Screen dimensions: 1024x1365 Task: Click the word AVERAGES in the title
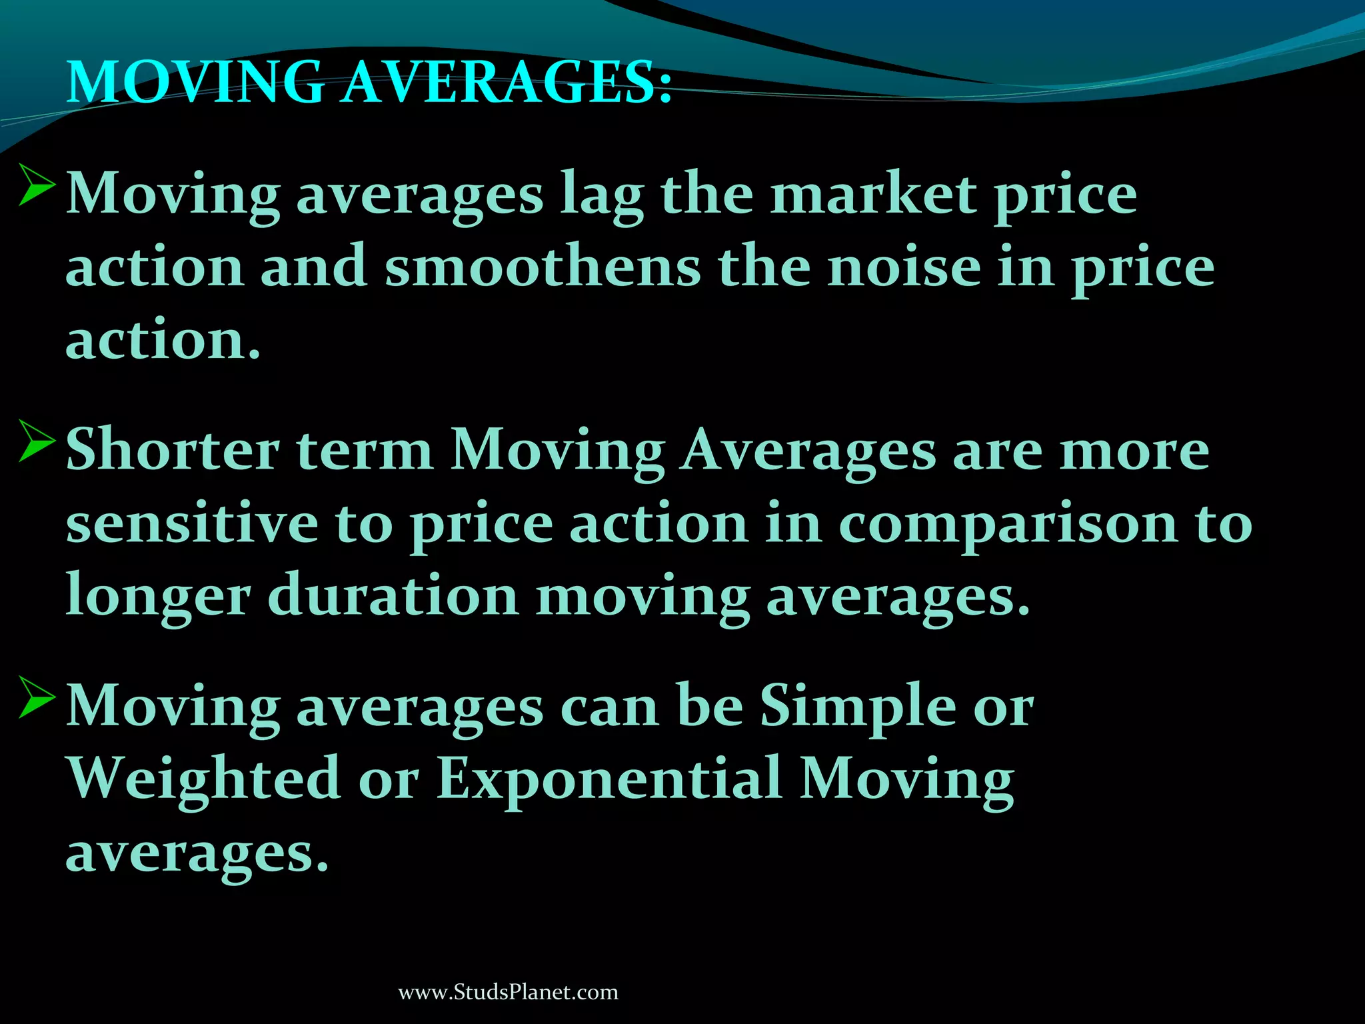coord(507,83)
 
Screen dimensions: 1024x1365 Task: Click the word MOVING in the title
coord(195,83)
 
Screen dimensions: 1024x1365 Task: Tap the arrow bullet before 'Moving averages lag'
coord(37,185)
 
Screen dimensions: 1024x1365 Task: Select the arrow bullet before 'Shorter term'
coord(37,441)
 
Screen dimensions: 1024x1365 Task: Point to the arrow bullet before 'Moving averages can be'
coord(37,697)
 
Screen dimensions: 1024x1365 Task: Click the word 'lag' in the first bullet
coord(602,195)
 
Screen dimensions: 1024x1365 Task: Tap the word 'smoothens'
coord(543,267)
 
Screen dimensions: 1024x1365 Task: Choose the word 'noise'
coord(904,267)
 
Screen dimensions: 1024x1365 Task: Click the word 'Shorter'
coord(173,450)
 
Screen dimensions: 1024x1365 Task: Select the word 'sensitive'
coord(192,523)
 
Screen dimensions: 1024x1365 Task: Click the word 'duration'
coord(393,595)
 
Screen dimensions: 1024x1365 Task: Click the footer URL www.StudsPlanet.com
coord(508,992)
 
